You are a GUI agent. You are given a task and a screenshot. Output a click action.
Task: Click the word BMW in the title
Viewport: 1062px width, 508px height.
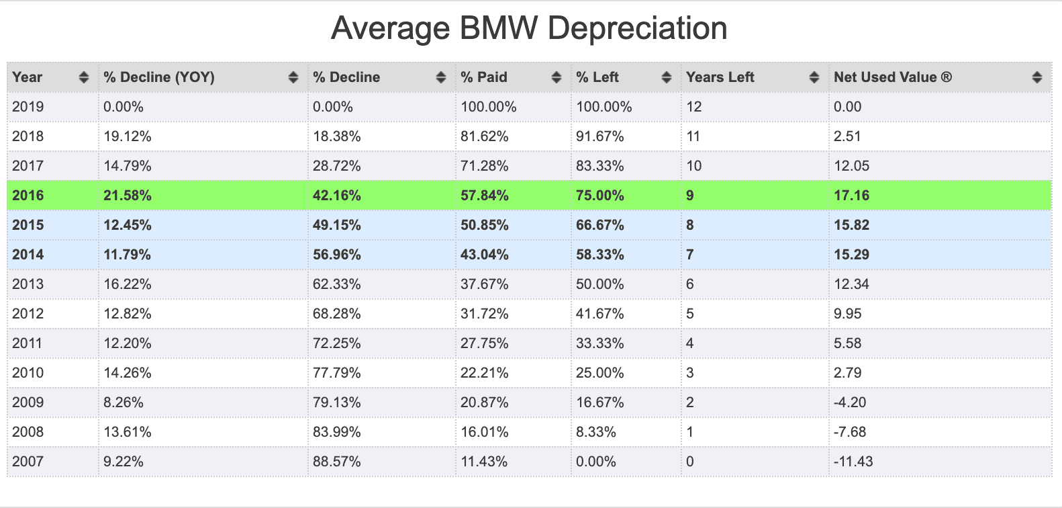coord(498,28)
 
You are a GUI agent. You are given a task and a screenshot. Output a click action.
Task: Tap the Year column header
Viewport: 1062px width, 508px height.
coord(27,77)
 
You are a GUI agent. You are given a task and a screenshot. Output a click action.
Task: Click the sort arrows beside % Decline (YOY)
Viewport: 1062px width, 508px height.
coord(293,77)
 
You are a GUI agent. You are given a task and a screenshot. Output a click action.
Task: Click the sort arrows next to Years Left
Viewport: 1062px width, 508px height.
coord(814,77)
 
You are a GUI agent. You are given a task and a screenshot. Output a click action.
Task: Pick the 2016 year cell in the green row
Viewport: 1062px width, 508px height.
coord(28,195)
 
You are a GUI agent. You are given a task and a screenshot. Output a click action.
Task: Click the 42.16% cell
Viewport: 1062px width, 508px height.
coord(336,195)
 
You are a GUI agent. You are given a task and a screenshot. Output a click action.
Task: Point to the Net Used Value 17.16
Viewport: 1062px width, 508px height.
coord(851,195)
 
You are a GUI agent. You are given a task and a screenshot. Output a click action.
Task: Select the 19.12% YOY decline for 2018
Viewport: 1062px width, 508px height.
coord(127,136)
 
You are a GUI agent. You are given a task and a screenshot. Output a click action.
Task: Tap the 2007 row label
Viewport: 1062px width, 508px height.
coord(28,461)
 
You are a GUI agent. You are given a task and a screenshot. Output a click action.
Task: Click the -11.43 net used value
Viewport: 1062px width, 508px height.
coord(853,461)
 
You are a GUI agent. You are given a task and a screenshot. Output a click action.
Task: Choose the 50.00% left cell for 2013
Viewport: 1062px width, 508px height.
coord(599,284)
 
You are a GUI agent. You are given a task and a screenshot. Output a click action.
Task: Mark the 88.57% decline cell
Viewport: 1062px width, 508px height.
coord(336,461)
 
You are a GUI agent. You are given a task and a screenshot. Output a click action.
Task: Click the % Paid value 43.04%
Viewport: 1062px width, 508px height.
coord(484,255)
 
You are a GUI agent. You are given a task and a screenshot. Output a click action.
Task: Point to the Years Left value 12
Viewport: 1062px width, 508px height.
coord(693,106)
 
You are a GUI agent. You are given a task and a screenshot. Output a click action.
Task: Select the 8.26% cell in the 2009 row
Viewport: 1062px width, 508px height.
coord(124,402)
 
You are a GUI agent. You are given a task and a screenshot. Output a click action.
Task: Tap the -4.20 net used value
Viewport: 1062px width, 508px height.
coord(850,402)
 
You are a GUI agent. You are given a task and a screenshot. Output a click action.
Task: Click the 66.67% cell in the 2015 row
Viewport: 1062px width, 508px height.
coord(599,224)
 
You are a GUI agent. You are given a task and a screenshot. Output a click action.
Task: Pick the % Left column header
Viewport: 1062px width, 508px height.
coord(597,77)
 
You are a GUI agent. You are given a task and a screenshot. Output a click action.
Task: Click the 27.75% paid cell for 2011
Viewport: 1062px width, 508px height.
coord(484,343)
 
